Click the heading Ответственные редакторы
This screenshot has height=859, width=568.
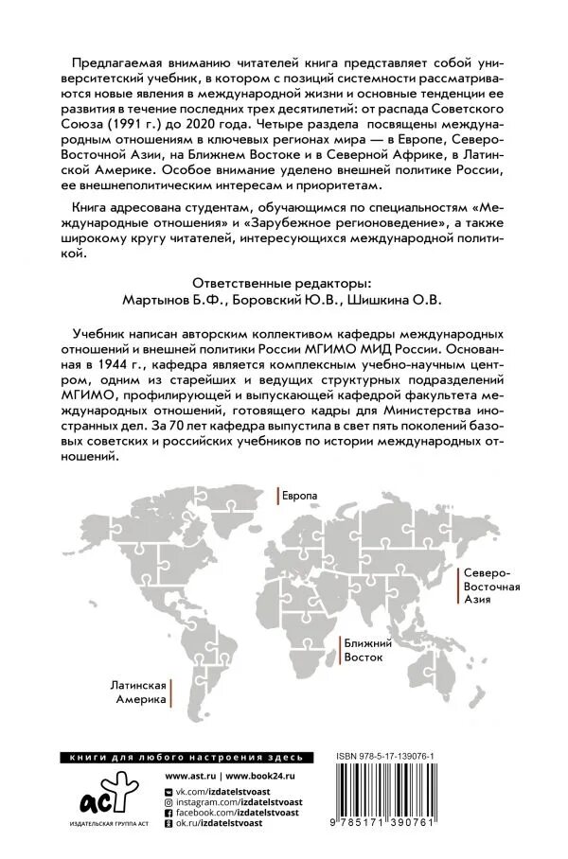[283, 282]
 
